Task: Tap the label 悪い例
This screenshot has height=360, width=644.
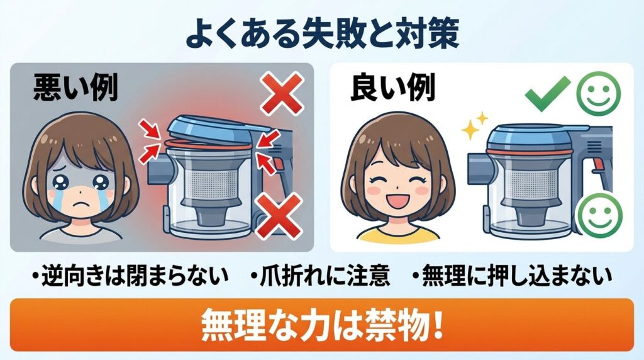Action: point(75,89)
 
